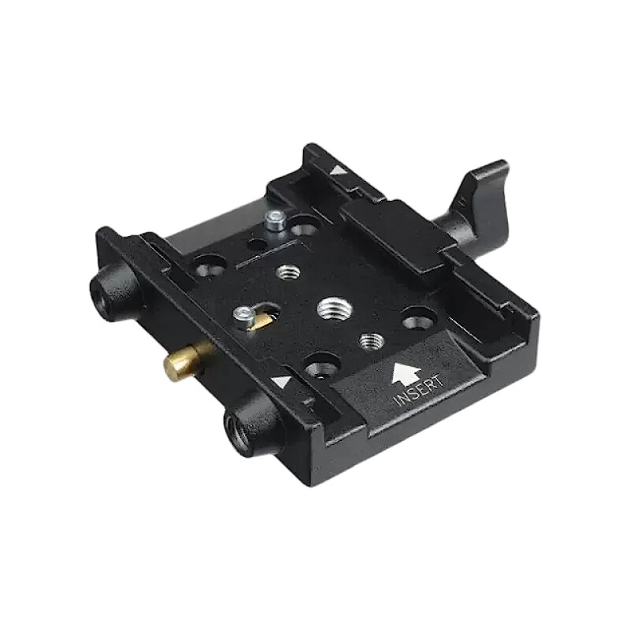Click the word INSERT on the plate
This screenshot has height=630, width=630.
pos(420,390)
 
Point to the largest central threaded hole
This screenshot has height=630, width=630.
pos(334,309)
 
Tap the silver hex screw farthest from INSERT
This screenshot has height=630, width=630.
pos(276,220)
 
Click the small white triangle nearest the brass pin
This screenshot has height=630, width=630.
pos(280,381)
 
